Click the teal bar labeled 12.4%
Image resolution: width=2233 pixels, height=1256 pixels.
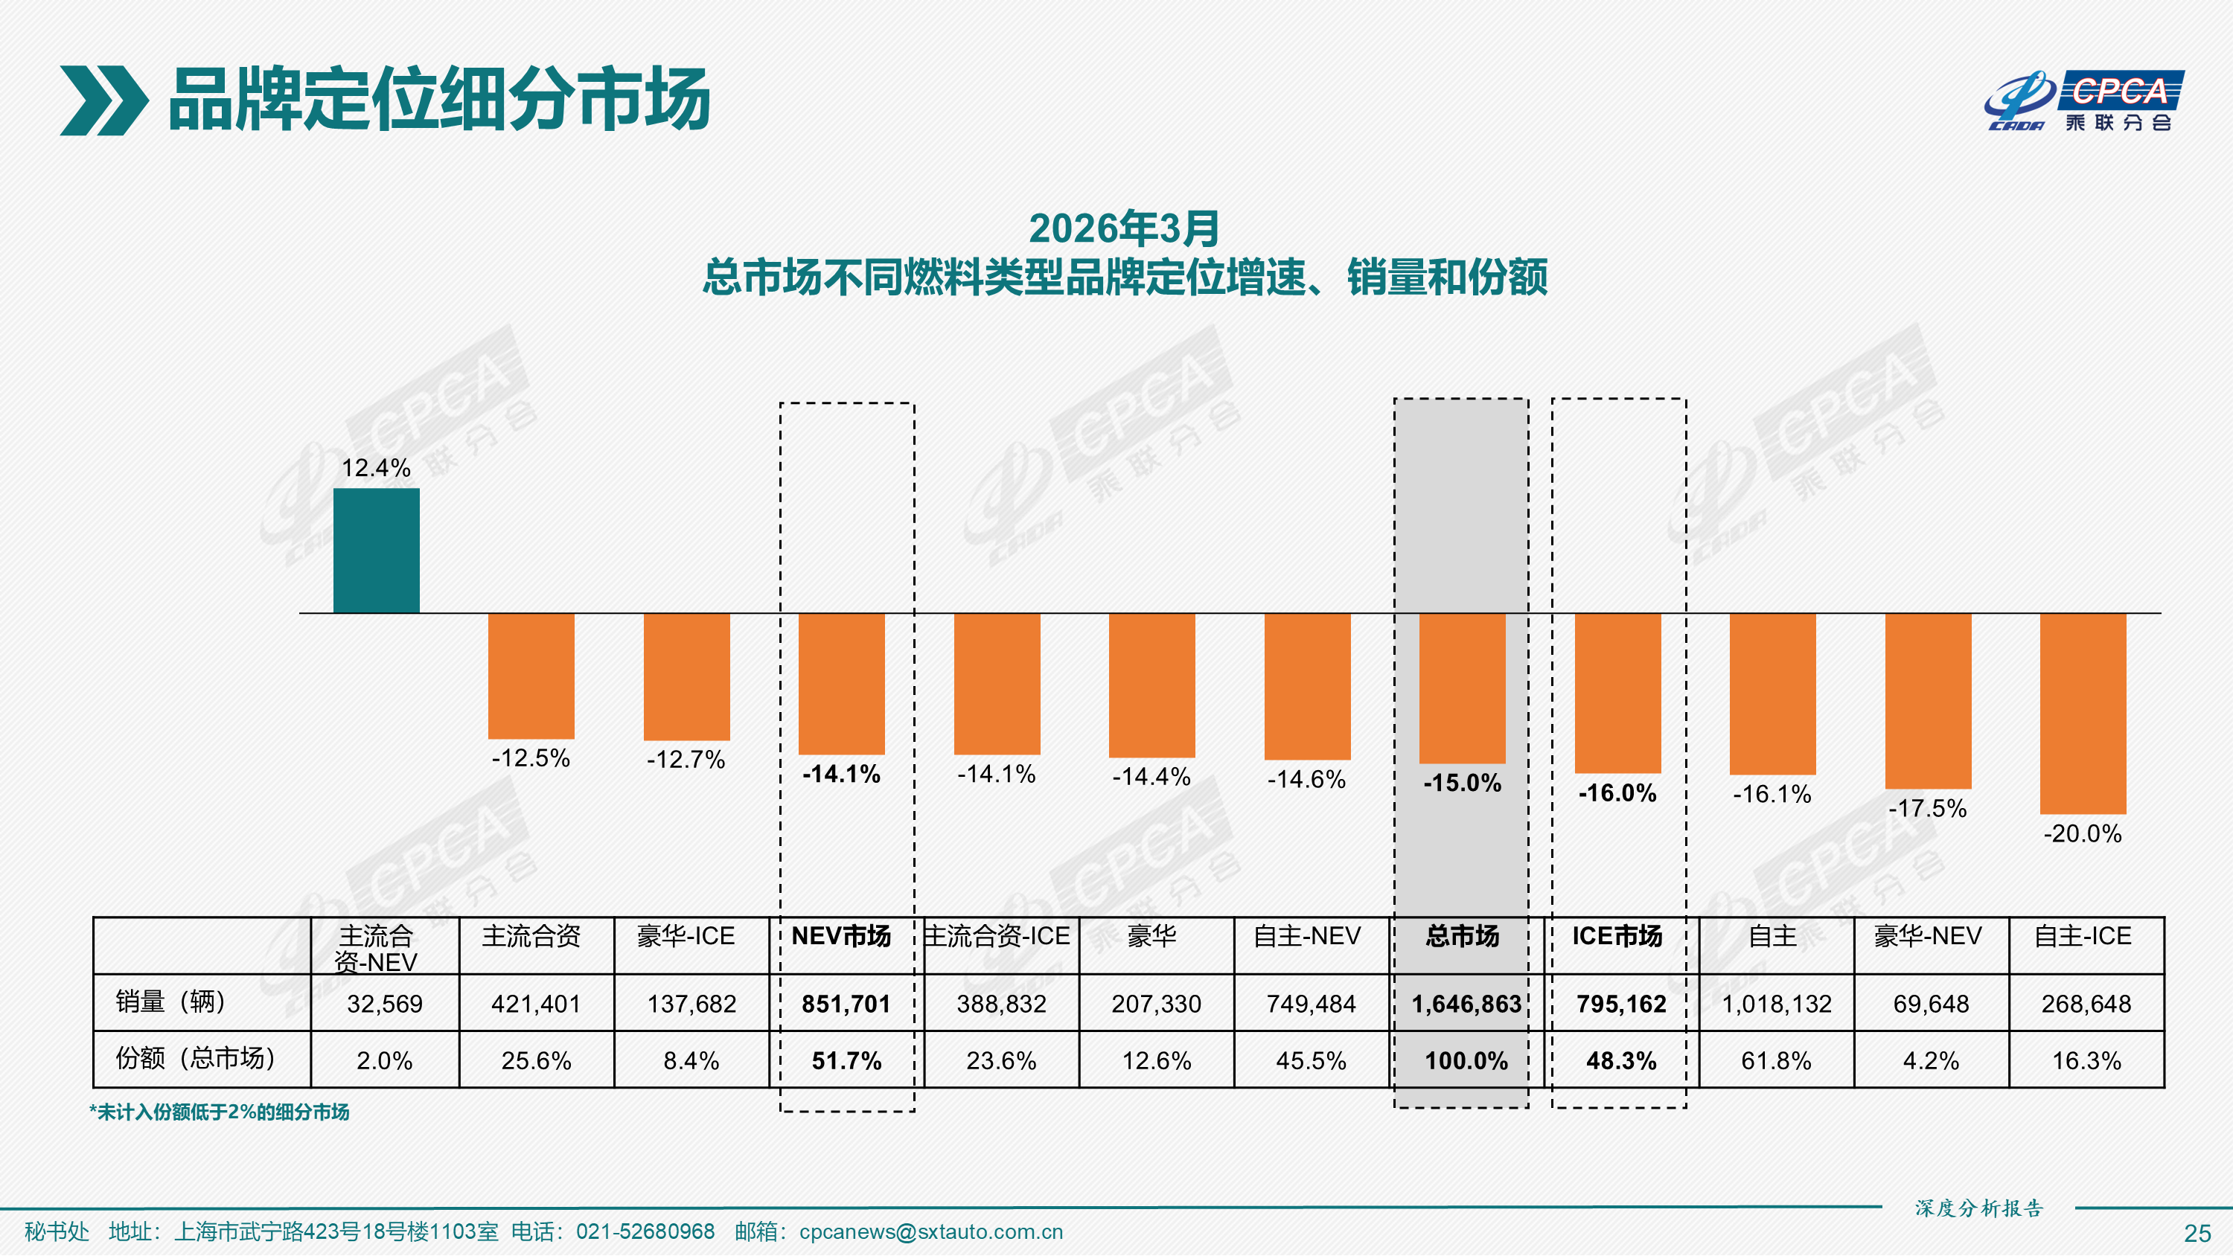click(x=376, y=551)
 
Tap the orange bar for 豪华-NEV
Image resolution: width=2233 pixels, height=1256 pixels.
click(x=1928, y=700)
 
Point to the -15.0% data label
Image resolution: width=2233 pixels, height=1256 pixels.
click(x=1463, y=783)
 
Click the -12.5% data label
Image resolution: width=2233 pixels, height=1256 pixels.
click(x=531, y=758)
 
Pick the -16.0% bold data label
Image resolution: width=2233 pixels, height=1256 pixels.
click(x=1617, y=793)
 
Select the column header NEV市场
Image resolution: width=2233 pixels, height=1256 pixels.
click(x=841, y=936)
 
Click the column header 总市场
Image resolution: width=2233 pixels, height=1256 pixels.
click(x=1463, y=936)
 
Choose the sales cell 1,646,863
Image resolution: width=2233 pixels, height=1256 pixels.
click(x=1466, y=1004)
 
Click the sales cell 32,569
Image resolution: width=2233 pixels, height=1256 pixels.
click(x=385, y=1004)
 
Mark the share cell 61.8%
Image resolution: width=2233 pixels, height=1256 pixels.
click(x=1775, y=1060)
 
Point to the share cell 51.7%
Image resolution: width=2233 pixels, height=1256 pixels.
click(x=846, y=1060)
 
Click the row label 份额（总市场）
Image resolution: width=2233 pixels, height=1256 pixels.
click(x=196, y=1058)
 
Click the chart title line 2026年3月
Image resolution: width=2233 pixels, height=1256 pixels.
click(x=1124, y=229)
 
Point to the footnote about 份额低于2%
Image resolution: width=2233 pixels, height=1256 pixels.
click(x=220, y=1112)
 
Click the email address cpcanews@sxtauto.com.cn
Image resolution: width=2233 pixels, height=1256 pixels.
click(x=930, y=1231)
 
